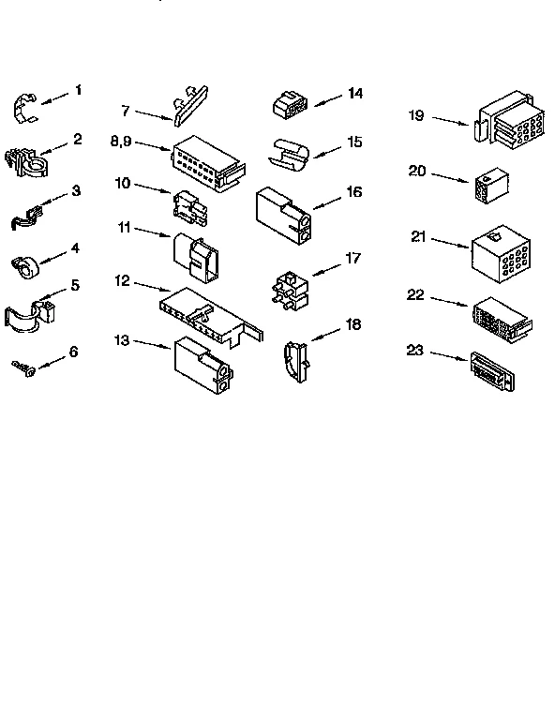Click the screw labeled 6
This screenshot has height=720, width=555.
point(24,367)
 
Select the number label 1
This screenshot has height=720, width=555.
point(78,90)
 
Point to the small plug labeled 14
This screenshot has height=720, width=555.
point(290,105)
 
